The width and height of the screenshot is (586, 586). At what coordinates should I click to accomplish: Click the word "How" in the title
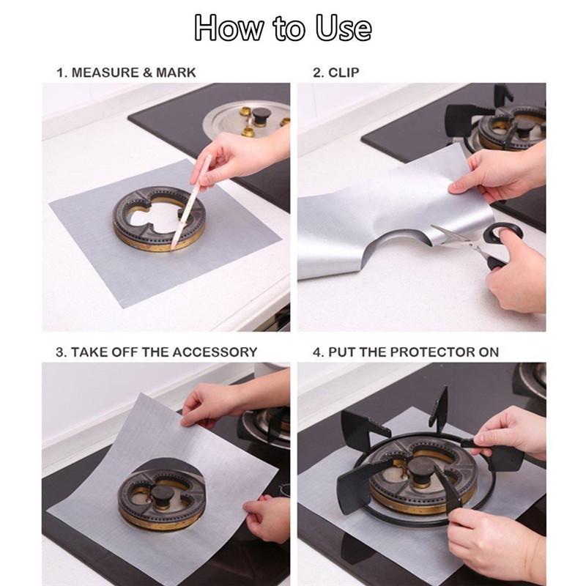click(x=229, y=27)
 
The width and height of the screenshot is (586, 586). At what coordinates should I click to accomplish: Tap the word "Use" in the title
click(x=344, y=27)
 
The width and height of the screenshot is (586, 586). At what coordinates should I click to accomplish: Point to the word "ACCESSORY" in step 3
click(x=215, y=352)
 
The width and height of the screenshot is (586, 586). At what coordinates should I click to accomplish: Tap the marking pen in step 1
click(x=190, y=202)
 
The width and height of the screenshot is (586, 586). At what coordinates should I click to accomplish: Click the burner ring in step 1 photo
click(x=159, y=218)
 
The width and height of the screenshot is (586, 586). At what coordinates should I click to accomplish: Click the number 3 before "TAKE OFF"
click(x=60, y=352)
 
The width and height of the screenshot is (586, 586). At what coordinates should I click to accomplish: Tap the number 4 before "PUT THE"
click(x=317, y=352)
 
